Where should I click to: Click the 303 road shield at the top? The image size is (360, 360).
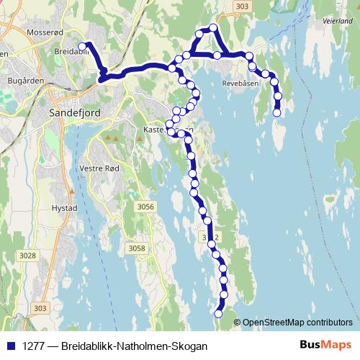(x=243, y=6)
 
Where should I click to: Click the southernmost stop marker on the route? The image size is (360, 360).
(x=219, y=313)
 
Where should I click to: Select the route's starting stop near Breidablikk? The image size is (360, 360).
(x=82, y=47)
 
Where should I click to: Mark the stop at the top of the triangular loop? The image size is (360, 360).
(x=213, y=28)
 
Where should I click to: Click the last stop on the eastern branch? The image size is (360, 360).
(x=277, y=112)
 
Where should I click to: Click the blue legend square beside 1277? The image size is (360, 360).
(x=10, y=346)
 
